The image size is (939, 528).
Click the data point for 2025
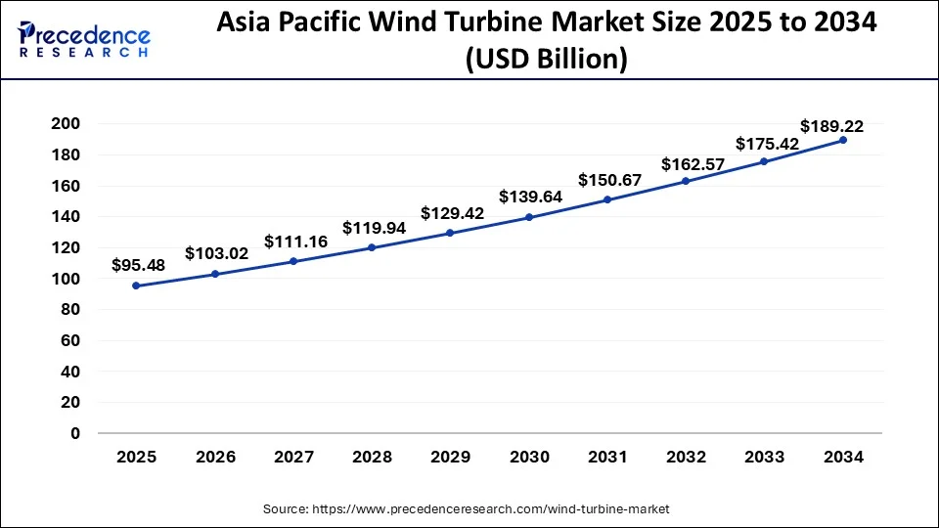pos(135,286)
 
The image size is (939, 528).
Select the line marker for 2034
pos(842,140)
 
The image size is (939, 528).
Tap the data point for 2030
pos(528,217)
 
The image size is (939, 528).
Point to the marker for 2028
pos(371,247)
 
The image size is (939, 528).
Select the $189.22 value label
pos(831,126)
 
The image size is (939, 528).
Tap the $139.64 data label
pos(530,197)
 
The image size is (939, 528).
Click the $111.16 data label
pos(294,242)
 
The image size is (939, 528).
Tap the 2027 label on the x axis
pos(292,457)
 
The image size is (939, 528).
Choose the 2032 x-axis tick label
pos(686,457)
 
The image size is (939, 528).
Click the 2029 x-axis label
pos(450,457)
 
